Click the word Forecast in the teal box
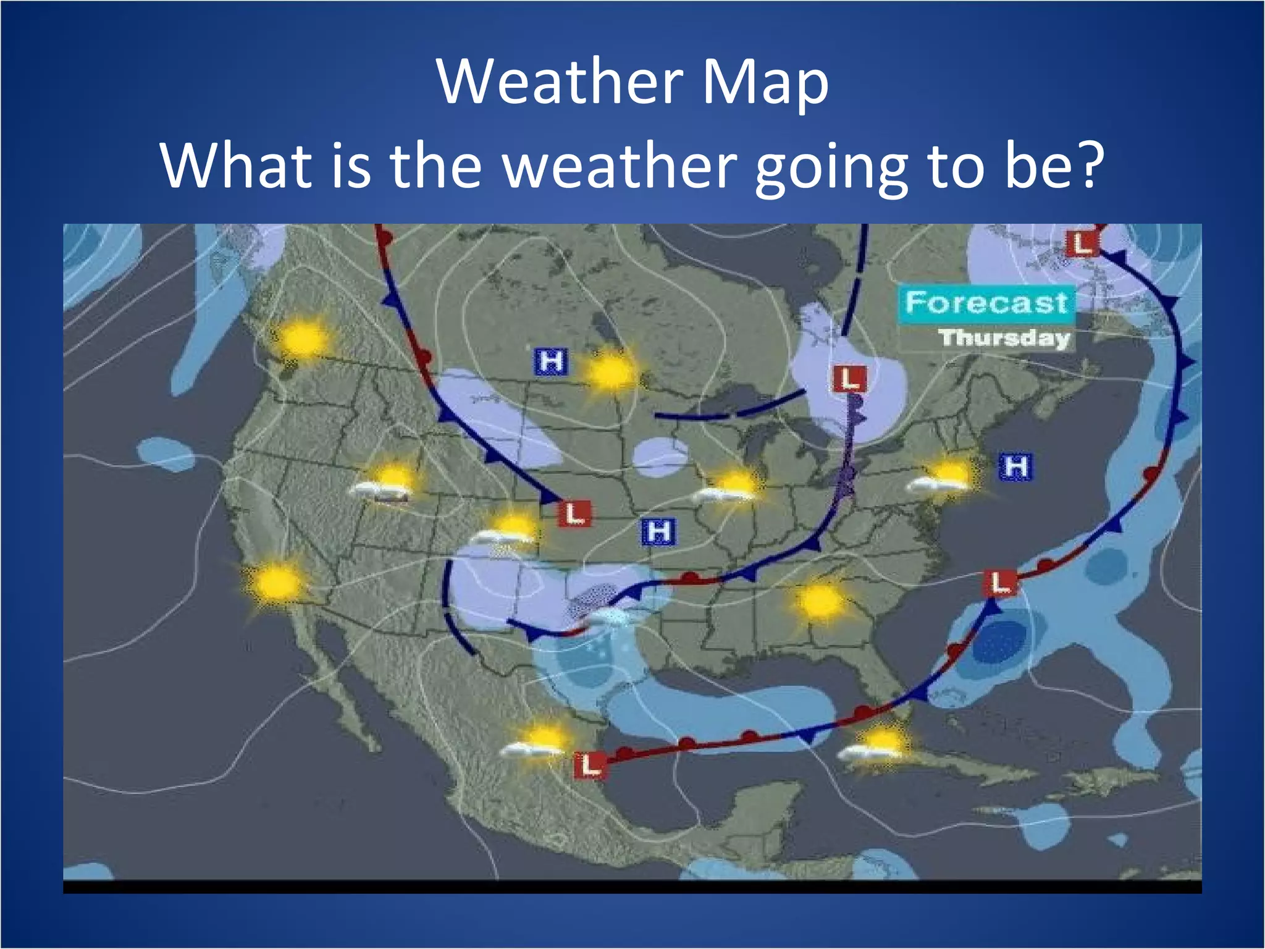pyautogui.click(x=986, y=303)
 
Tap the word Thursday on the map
pyautogui.click(x=1004, y=338)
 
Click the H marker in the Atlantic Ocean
pyautogui.click(x=1015, y=466)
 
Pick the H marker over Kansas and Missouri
pyautogui.click(x=659, y=532)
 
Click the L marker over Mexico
pyautogui.click(x=590, y=765)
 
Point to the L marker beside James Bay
pyautogui.click(x=851, y=378)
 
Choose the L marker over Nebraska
pyautogui.click(x=574, y=513)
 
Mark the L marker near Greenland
pyautogui.click(x=1082, y=243)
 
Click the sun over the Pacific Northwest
pyautogui.click(x=303, y=338)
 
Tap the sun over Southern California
pyautogui.click(x=276, y=582)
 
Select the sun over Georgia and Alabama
pyautogui.click(x=820, y=601)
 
